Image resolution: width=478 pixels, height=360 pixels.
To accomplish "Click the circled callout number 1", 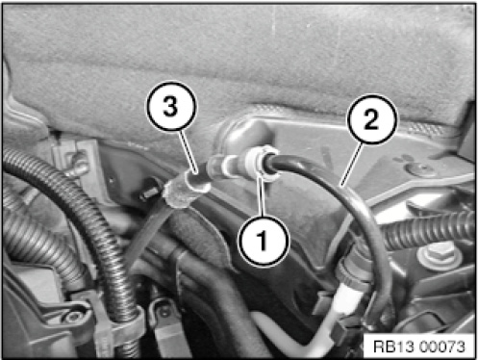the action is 263,241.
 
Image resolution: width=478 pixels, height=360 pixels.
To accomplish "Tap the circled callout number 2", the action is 371,119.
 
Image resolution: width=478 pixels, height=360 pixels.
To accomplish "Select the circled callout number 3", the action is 171,106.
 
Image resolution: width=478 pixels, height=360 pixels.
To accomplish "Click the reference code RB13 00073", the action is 419,347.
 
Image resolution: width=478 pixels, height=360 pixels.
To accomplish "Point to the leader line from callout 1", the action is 262,196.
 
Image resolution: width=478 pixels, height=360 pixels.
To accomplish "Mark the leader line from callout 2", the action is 352,164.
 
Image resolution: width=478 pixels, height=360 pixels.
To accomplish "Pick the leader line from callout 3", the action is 188,151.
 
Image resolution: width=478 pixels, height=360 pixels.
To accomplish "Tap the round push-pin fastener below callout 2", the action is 420,168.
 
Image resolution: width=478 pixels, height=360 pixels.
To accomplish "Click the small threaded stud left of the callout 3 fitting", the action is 150,192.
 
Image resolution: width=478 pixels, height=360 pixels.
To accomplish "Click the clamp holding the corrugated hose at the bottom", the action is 128,321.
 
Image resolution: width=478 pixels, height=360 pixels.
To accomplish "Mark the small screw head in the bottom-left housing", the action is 74,317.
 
